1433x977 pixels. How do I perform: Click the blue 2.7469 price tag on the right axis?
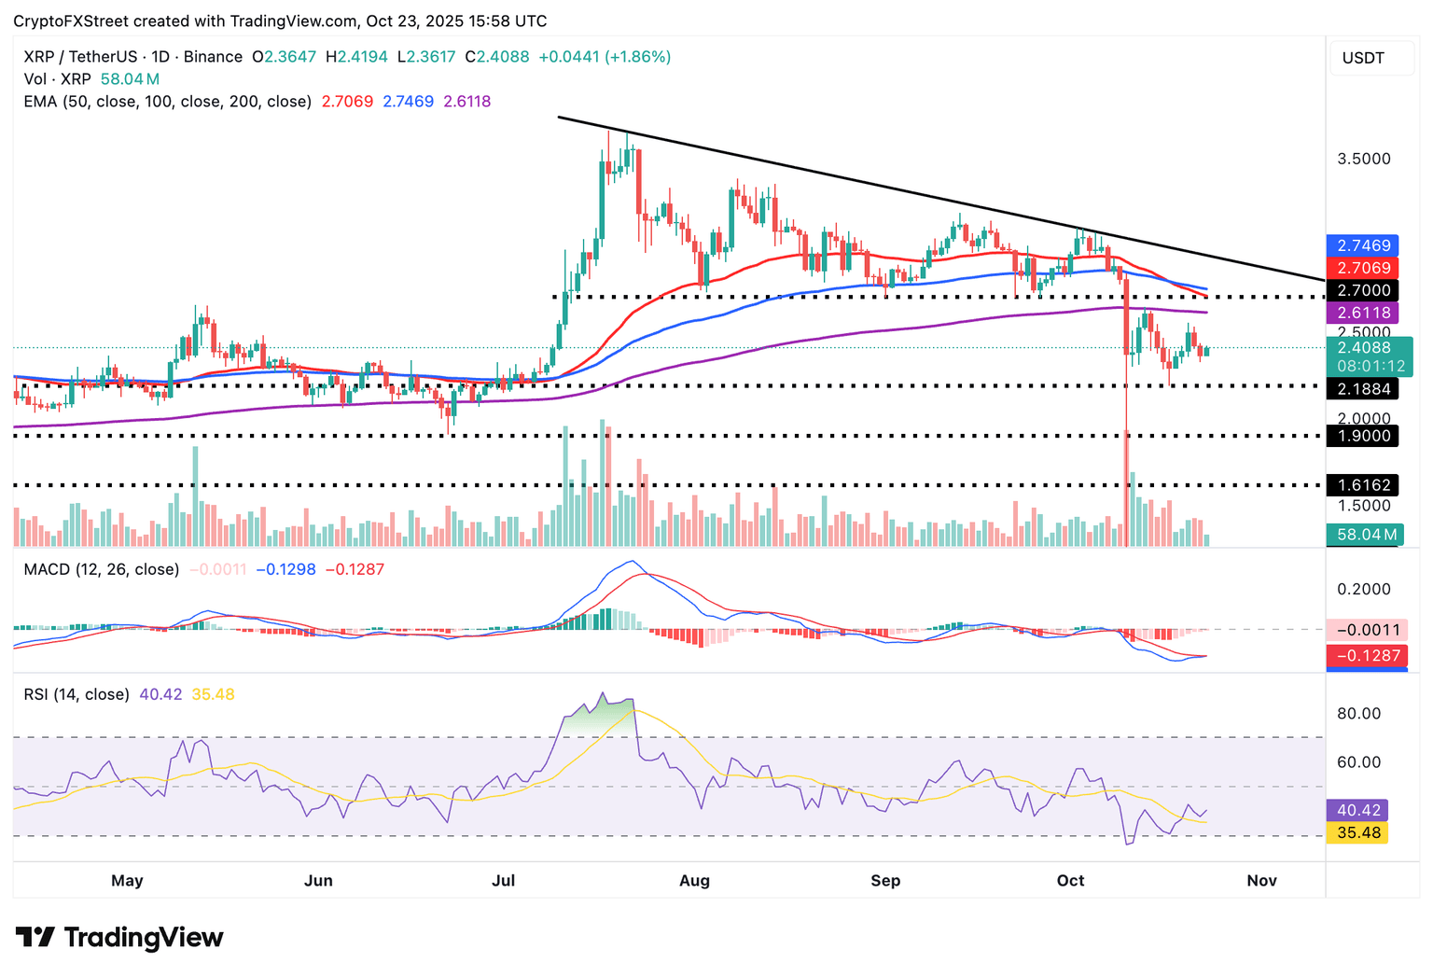tap(1363, 245)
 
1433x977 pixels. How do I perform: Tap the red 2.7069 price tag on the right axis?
tap(1363, 268)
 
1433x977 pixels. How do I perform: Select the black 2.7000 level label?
tap(1363, 290)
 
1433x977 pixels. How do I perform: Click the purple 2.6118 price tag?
tap(1363, 313)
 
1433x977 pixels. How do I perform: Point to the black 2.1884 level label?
tap(1363, 389)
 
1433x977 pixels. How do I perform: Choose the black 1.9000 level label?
tap(1363, 436)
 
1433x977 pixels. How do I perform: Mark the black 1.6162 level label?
tap(1363, 484)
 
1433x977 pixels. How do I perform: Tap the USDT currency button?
tap(1363, 58)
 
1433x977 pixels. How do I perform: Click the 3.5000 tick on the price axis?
tap(1363, 159)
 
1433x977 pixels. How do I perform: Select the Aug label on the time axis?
tap(694, 880)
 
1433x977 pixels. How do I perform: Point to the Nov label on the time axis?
tap(1261, 880)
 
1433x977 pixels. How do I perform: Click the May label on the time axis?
tap(127, 880)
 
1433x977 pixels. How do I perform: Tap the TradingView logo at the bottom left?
tap(119, 937)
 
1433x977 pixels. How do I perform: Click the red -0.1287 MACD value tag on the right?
tap(1367, 656)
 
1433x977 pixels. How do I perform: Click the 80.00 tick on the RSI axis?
tap(1358, 714)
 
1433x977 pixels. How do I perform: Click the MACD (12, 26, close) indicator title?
tap(101, 569)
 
